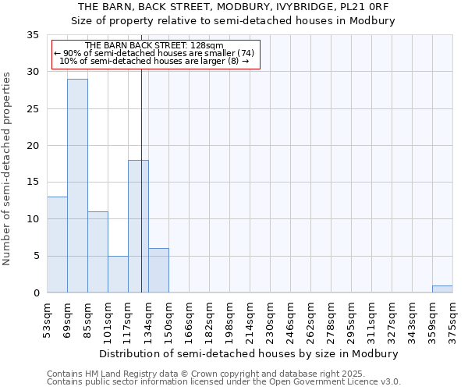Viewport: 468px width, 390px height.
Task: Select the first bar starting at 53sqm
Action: [x=57, y=245]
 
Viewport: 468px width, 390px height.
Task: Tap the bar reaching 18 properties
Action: [x=138, y=226]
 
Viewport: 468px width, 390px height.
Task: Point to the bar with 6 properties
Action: [x=158, y=271]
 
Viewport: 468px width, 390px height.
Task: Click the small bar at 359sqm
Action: [x=442, y=289]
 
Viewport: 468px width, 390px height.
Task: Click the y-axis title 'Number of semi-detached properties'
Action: [x=8, y=168]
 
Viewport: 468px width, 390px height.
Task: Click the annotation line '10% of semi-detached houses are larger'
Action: [x=154, y=60]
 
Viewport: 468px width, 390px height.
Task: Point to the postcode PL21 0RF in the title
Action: [x=368, y=7]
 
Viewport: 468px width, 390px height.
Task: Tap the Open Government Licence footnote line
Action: [x=224, y=382]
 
